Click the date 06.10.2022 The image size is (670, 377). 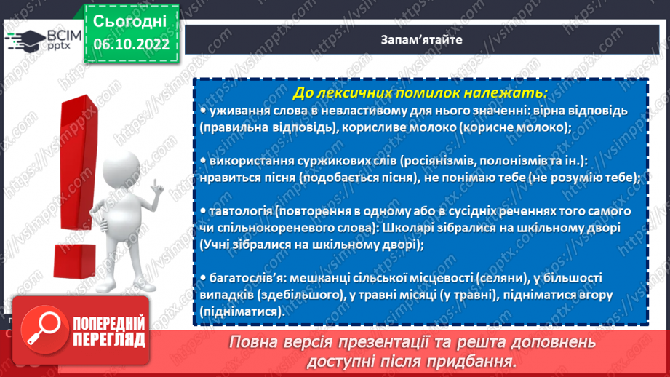[x=131, y=44]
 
